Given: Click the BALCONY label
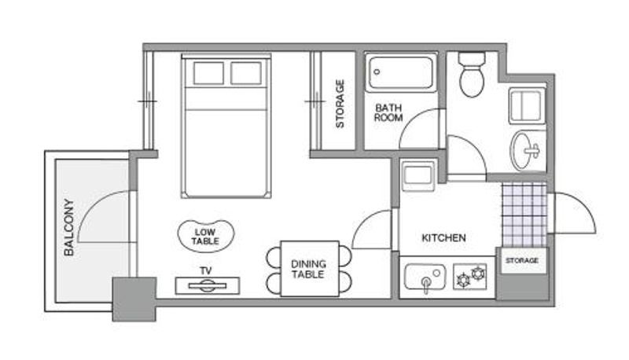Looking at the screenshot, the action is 69,227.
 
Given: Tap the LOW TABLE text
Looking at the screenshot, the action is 205,237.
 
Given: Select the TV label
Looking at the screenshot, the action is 206,271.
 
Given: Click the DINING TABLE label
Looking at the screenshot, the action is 308,269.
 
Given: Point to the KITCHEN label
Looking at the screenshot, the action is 443,237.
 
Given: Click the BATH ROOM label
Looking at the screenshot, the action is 388,112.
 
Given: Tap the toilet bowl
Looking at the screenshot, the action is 472,82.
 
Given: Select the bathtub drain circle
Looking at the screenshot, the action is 377,72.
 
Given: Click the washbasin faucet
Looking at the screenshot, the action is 533,151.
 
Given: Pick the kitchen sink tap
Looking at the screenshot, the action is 425,285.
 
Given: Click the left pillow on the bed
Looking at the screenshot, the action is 208,73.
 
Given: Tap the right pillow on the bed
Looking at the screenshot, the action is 246,73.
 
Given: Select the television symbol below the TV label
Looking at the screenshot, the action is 208,286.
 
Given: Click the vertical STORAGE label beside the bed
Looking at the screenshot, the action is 340,104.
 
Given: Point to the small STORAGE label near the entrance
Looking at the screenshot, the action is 522,261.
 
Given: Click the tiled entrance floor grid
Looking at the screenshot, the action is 524,215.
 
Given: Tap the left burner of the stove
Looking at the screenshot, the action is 464,279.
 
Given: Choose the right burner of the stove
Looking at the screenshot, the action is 478,274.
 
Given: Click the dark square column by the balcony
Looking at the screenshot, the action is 134,299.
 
